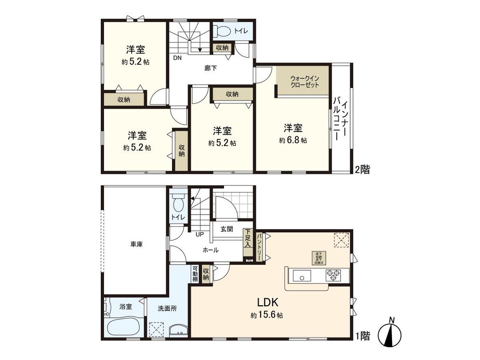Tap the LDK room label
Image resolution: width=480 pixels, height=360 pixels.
[x=268, y=303]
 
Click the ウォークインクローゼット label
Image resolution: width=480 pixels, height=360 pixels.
[x=304, y=82]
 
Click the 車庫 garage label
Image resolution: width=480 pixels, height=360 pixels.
[x=136, y=244]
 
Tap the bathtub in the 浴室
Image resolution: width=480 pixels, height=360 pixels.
[x=125, y=328]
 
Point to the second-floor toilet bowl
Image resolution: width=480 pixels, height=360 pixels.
[x=222, y=32]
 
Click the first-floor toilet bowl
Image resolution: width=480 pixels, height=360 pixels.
[x=178, y=204]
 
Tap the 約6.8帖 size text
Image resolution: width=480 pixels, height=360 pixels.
[x=293, y=140]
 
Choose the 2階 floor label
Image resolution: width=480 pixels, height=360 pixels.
[x=362, y=169]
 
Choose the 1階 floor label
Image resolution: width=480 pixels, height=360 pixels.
[x=362, y=336]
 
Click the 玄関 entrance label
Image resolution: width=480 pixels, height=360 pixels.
[x=226, y=229]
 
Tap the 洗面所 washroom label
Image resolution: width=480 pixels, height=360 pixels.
[x=167, y=308]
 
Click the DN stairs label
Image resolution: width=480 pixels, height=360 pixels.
[x=177, y=58]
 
